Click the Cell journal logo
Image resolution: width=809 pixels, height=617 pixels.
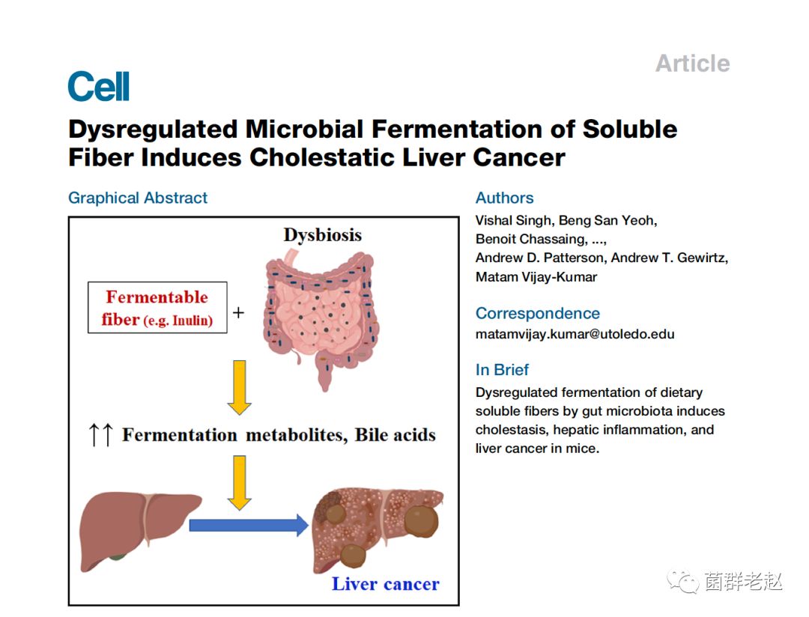pyautogui.click(x=98, y=87)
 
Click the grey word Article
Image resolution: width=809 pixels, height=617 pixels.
pyautogui.click(x=692, y=64)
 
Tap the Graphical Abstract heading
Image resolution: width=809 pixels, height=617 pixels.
pyautogui.click(x=138, y=198)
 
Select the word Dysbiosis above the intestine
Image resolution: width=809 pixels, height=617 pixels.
pyautogui.click(x=322, y=235)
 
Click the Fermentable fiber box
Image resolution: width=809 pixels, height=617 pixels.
pyautogui.click(x=157, y=308)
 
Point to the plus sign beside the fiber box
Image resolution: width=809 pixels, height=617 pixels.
pyautogui.click(x=238, y=311)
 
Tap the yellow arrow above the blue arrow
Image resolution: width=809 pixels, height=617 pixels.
pyautogui.click(x=239, y=482)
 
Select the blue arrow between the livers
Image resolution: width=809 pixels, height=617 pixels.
pyautogui.click(x=248, y=525)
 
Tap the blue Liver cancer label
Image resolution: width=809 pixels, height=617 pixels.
pyautogui.click(x=385, y=584)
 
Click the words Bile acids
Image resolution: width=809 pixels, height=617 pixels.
pyautogui.click(x=395, y=434)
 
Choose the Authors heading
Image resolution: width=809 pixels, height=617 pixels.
pyautogui.click(x=504, y=198)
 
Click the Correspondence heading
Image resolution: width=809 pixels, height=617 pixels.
pyautogui.click(x=537, y=313)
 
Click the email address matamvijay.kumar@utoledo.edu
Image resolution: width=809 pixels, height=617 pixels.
pyautogui.click(x=575, y=334)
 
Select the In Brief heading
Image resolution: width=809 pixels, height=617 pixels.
pyautogui.click(x=502, y=370)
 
